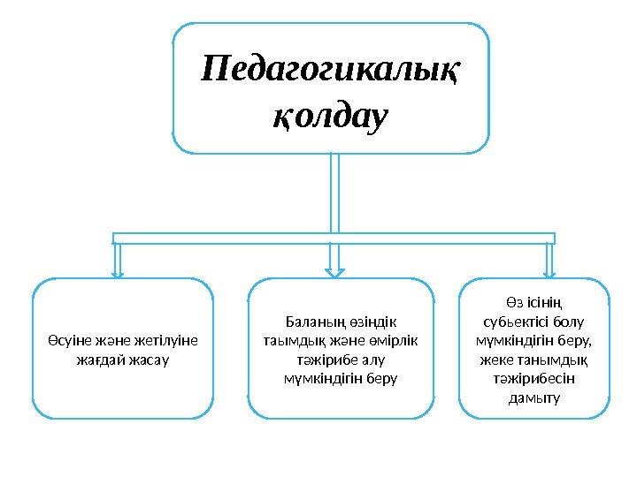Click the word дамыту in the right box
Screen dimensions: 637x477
pyautogui.click(x=535, y=398)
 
